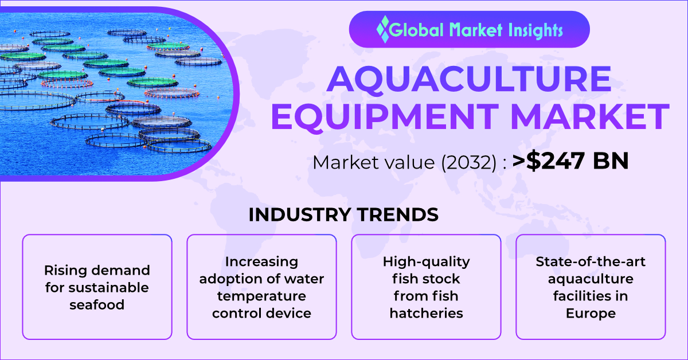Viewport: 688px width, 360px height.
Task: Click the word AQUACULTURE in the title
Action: point(469,80)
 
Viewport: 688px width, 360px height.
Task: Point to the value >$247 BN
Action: point(570,162)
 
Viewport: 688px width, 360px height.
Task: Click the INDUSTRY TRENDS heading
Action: point(343,214)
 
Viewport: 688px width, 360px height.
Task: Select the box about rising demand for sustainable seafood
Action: point(97,287)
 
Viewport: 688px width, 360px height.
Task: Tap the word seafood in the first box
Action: point(97,304)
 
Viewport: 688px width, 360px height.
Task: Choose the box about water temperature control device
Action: point(261,287)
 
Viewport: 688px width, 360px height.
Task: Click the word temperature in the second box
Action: point(261,296)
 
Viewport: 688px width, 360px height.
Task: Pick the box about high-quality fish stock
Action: point(426,287)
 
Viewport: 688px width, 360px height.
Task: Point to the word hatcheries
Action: point(426,313)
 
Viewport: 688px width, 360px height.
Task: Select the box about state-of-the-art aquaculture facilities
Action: point(591,287)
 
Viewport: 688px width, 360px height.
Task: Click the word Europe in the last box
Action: point(591,313)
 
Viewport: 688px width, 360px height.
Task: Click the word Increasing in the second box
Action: point(261,261)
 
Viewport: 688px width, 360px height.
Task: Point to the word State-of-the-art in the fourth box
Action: point(591,261)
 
